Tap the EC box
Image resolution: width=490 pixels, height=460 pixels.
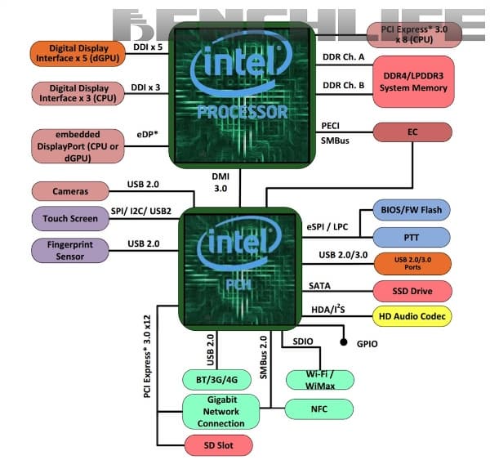[x=412, y=132]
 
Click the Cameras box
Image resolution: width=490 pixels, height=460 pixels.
[x=70, y=191]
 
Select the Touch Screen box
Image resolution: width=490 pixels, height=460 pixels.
[x=70, y=218]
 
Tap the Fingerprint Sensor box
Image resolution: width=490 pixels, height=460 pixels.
[x=70, y=250]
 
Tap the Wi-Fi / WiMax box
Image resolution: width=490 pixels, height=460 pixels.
[x=320, y=379]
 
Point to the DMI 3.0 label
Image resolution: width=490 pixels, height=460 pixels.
[x=222, y=181]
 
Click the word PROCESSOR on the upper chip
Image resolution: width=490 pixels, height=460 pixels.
[x=241, y=110]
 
